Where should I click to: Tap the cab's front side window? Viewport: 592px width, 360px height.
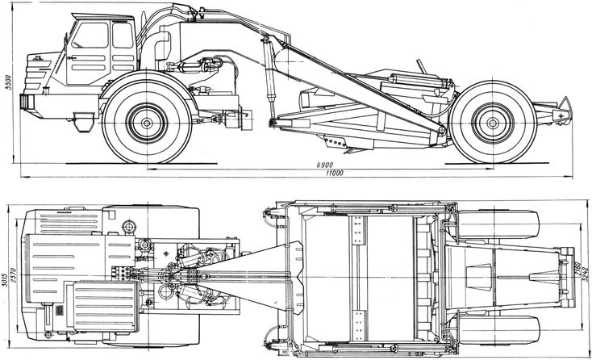90,36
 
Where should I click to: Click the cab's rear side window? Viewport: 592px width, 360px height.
123,36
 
